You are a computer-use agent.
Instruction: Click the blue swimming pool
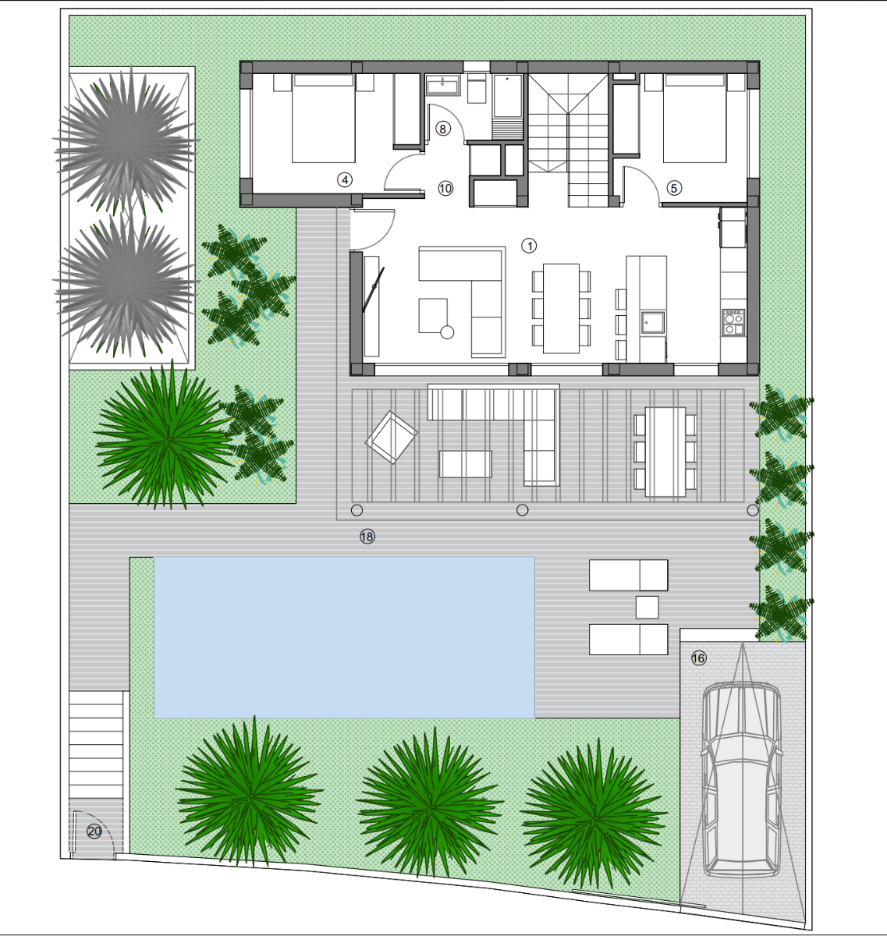tap(344, 637)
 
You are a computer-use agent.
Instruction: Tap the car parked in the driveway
tap(742, 780)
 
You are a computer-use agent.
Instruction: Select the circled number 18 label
tap(367, 537)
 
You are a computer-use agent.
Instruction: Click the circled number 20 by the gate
tap(94, 831)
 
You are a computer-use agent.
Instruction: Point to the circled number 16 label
tap(698, 658)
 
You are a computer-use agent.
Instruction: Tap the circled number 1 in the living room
tap(529, 246)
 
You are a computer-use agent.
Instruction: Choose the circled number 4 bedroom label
tap(344, 180)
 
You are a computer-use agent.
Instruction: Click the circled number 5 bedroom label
tap(673, 188)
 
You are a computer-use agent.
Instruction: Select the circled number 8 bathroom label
tap(442, 129)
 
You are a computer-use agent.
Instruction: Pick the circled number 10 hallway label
tap(445, 189)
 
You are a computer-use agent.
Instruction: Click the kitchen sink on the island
tap(652, 322)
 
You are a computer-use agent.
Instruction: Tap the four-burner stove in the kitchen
tap(733, 322)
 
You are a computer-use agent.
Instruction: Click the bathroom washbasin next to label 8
tap(442, 85)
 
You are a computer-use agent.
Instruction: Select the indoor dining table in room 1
tap(561, 309)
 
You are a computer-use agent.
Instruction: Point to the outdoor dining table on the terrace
tap(665, 452)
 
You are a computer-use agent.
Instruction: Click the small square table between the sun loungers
tap(647, 608)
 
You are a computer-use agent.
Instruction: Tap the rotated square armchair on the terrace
tap(391, 437)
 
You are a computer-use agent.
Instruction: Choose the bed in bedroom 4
tap(324, 118)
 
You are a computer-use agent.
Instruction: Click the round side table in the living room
tap(447, 332)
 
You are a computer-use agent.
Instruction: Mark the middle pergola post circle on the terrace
tap(522, 510)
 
